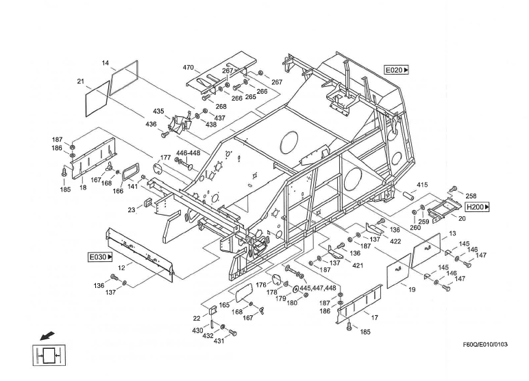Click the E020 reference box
tap(396, 70)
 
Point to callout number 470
tap(188, 68)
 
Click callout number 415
tap(422, 185)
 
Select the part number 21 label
tap(80, 81)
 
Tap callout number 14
tap(106, 63)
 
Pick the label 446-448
tap(188, 153)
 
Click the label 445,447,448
tap(317, 288)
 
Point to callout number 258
tap(471, 196)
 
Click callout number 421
tap(358, 265)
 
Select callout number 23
tap(131, 210)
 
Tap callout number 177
tap(165, 158)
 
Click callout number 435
tap(158, 111)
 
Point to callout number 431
tap(219, 341)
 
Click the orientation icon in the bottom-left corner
tap(46, 355)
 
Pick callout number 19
tap(412, 289)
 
